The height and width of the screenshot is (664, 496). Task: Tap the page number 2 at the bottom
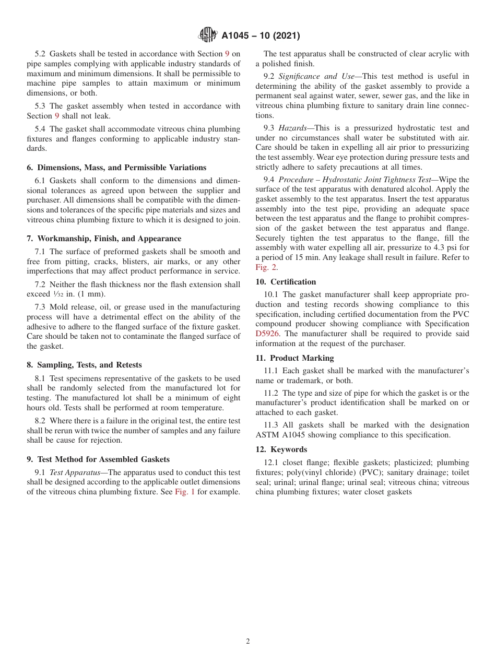point(248,642)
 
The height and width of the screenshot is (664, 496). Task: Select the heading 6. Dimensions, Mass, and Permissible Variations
point(116,168)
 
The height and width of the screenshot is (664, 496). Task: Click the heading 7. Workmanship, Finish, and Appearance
point(104,239)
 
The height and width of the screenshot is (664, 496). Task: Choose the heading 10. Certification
point(286,282)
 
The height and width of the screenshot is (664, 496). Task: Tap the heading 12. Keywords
point(281,449)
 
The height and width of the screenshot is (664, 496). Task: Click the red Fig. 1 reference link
point(184,492)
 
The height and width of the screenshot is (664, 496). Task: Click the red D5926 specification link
point(268,334)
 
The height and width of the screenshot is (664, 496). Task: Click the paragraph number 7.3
point(41,307)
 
